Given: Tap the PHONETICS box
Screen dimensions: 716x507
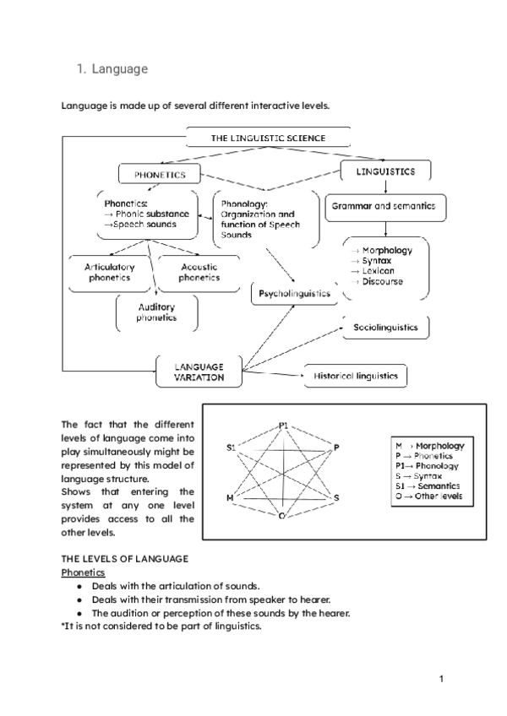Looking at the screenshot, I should tap(159, 175).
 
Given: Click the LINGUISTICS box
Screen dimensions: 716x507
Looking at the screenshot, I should tap(384, 171).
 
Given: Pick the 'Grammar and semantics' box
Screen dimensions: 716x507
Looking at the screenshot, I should tap(384, 206).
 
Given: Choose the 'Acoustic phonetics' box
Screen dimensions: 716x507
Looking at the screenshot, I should tap(199, 272).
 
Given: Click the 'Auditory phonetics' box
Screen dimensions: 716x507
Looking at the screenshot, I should tap(157, 312).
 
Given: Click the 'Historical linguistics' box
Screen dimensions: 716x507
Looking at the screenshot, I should tap(355, 376).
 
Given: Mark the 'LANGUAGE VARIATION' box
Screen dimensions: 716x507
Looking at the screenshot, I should tap(199, 372).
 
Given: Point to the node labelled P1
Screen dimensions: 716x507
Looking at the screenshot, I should tap(284, 424).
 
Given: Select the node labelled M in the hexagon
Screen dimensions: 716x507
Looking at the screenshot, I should tap(229, 498).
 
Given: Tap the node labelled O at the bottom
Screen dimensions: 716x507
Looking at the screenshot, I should tap(281, 514).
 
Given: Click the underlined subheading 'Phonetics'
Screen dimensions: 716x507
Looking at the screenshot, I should tap(82, 572).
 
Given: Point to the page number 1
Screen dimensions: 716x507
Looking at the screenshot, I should tap(441, 678).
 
